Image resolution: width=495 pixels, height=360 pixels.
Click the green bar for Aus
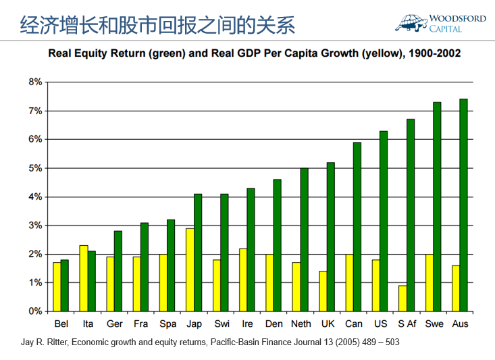[463, 205]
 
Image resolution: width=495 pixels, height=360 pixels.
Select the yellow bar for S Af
[402, 299]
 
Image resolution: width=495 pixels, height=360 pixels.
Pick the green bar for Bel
[65, 286]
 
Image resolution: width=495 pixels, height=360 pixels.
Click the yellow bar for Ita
[84, 278]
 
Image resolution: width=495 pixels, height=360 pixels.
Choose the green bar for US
[384, 221]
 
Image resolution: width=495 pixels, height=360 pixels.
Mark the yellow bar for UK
[323, 291]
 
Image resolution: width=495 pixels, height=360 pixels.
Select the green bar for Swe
[437, 207]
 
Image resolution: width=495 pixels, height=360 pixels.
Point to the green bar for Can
[357, 227]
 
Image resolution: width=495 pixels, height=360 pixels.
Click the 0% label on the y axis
[35, 311]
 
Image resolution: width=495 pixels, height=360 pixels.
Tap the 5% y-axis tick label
[35, 168]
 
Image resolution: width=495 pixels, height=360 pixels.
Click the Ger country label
[114, 324]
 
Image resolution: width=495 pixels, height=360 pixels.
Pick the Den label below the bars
[273, 324]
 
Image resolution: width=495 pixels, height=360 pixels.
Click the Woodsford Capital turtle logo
[412, 22]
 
